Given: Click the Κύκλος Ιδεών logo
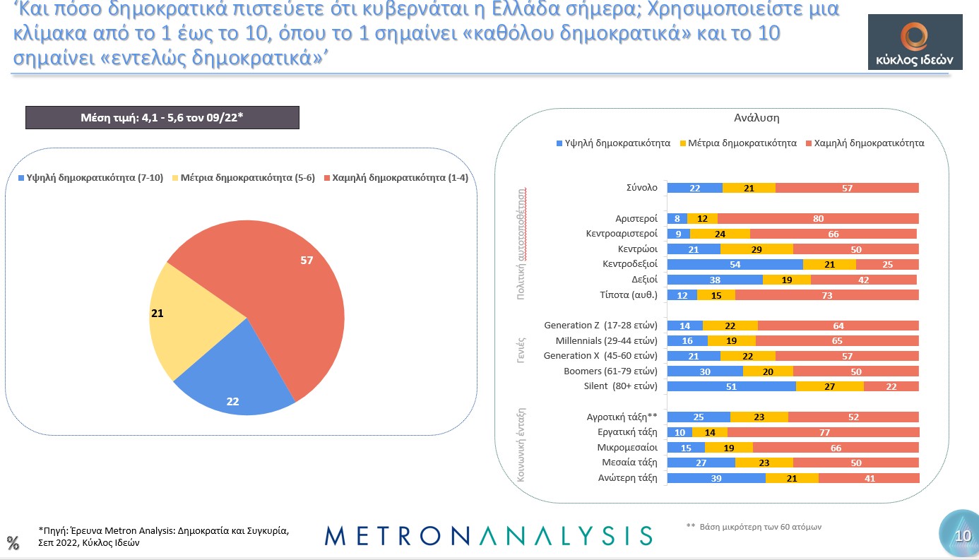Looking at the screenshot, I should pos(914,42).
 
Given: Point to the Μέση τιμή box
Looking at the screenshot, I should pos(162,117).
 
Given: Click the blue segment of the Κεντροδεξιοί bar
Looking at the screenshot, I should pos(735,264).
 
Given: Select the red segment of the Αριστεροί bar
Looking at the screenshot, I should pos(818,219).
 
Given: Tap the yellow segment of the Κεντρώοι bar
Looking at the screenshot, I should pos(756,249).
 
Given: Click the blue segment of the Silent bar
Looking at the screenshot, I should pos(731,386).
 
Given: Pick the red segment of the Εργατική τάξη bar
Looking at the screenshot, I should pos(823,432).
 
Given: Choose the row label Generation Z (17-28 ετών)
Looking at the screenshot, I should pos(600,326).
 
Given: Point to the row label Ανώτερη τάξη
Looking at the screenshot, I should pos(627,478).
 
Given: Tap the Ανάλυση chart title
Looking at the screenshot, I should pos(756,118).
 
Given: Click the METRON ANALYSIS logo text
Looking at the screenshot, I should pos(488,535).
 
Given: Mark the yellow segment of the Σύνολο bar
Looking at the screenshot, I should pos(749,188).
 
